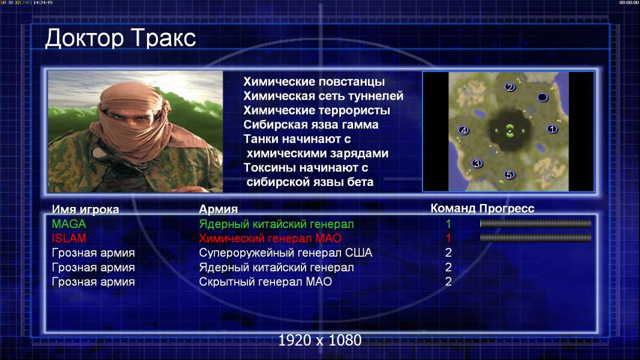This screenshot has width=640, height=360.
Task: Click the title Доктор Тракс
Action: [121, 38]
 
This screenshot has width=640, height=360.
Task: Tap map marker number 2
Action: [509, 87]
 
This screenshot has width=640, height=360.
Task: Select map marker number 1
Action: [552, 129]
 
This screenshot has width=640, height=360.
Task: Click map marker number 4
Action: [463, 130]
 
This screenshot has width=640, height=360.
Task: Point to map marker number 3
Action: [477, 163]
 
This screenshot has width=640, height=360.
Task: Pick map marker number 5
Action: [509, 175]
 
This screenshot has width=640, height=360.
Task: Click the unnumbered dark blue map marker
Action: [542, 97]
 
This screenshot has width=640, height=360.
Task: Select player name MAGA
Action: [69, 224]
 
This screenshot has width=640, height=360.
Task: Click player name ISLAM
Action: [69, 238]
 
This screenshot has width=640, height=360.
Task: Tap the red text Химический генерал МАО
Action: [270, 238]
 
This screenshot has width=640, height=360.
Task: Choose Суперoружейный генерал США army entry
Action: [286, 253]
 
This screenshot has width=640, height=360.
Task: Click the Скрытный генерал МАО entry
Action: [265, 282]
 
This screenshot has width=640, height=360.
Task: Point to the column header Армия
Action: [219, 209]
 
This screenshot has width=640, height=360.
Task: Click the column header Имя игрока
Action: [85, 209]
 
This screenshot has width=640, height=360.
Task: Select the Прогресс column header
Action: [507, 209]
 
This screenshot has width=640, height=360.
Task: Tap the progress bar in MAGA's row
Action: [536, 223]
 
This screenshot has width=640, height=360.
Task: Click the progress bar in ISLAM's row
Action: [536, 238]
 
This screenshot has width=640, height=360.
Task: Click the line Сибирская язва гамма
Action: [311, 125]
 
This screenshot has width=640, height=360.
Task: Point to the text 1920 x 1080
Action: [320, 340]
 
